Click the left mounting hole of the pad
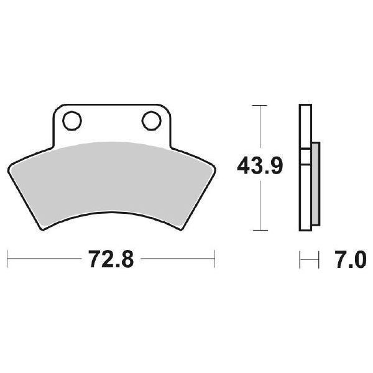(x=71, y=119)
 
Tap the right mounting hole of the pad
(x=150, y=119)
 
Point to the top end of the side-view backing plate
(x=305, y=107)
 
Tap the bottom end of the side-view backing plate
(x=305, y=228)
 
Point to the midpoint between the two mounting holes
(x=111, y=119)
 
